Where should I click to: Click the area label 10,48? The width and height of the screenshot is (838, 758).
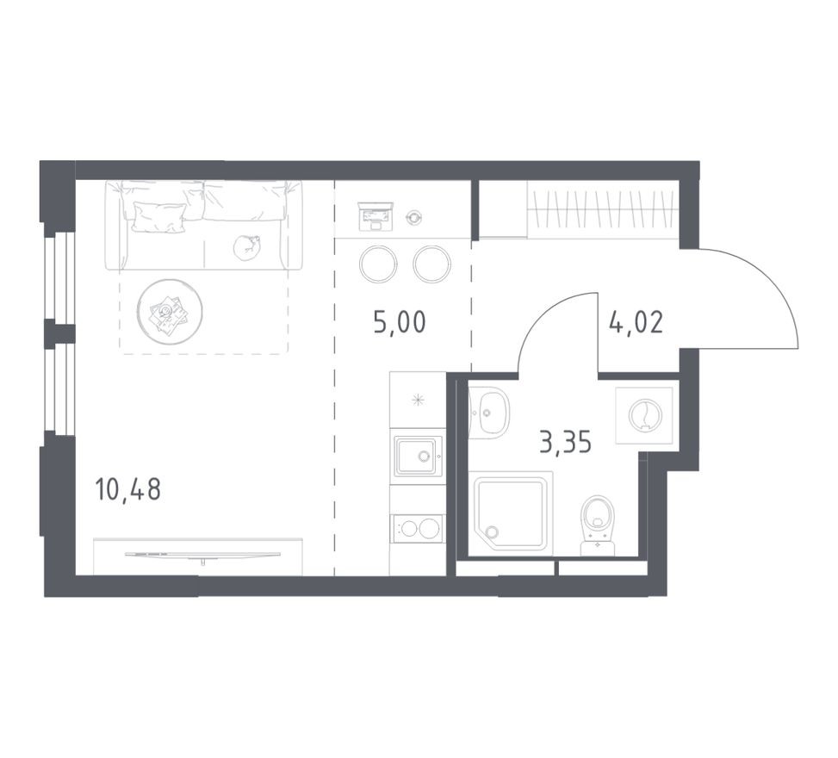click(x=127, y=491)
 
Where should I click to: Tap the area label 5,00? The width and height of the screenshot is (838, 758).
click(x=400, y=324)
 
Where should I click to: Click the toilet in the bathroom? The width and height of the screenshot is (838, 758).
click(x=596, y=521)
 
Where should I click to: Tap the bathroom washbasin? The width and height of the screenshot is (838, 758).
click(x=489, y=413)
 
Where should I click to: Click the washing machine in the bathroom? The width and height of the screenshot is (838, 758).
click(x=643, y=415)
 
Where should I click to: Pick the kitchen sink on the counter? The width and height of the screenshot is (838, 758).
click(x=417, y=455)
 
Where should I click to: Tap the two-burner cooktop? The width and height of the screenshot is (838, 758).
click(x=417, y=528)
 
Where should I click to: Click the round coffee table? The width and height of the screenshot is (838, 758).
click(x=169, y=312)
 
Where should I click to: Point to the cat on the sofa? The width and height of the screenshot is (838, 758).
click(x=245, y=246)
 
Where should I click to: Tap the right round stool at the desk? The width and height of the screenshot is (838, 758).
click(x=431, y=264)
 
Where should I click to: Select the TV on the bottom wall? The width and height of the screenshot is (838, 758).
click(x=202, y=555)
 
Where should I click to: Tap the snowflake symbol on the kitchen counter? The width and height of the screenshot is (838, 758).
click(x=418, y=399)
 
